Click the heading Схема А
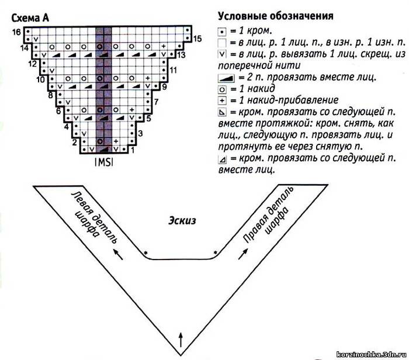pyautogui.click(x=30, y=18)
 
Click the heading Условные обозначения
pyautogui.click(x=276, y=16)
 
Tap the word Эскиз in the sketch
pyautogui.click(x=182, y=220)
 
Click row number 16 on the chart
pyautogui.click(x=16, y=32)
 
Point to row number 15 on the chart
pyautogui.click(x=197, y=39)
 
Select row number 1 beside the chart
pyautogui.click(x=133, y=150)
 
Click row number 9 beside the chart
pyautogui.click(x=164, y=86)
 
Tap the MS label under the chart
pyautogui.click(x=104, y=162)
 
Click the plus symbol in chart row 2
pyautogui.click(x=116, y=141)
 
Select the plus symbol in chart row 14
pyautogui.click(x=164, y=46)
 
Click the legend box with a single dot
pyautogui.click(x=221, y=32)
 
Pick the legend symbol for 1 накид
pyautogui.click(x=221, y=89)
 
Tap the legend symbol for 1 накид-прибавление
pyautogui.click(x=222, y=101)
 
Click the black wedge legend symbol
pyautogui.click(x=226, y=78)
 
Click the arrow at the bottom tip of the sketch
pyautogui.click(x=181, y=340)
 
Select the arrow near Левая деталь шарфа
pyautogui.click(x=117, y=254)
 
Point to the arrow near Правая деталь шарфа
pyautogui.click(x=243, y=254)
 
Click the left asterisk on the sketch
pyautogui.click(x=146, y=252)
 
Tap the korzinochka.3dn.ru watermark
pyautogui.click(x=372, y=354)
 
